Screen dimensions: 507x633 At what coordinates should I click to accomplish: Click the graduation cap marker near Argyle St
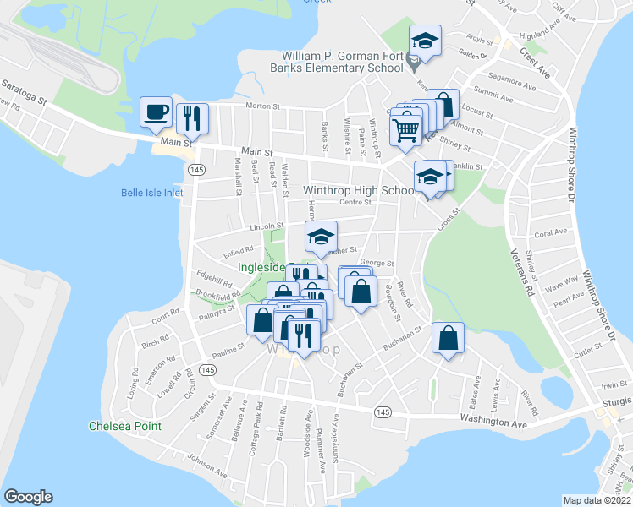pos(425,40)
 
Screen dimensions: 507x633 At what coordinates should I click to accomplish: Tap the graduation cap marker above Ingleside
pos(321,237)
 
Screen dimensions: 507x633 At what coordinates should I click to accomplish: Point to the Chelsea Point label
pos(125,426)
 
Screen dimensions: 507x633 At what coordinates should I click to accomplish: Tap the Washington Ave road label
pos(498,417)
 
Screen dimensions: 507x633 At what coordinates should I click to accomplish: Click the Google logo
pos(28,497)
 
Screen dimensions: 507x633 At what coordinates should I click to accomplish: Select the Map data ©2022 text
pos(597,499)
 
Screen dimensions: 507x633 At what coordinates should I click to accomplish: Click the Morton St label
pos(261,106)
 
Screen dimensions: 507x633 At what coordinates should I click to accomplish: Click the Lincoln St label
pos(266,227)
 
